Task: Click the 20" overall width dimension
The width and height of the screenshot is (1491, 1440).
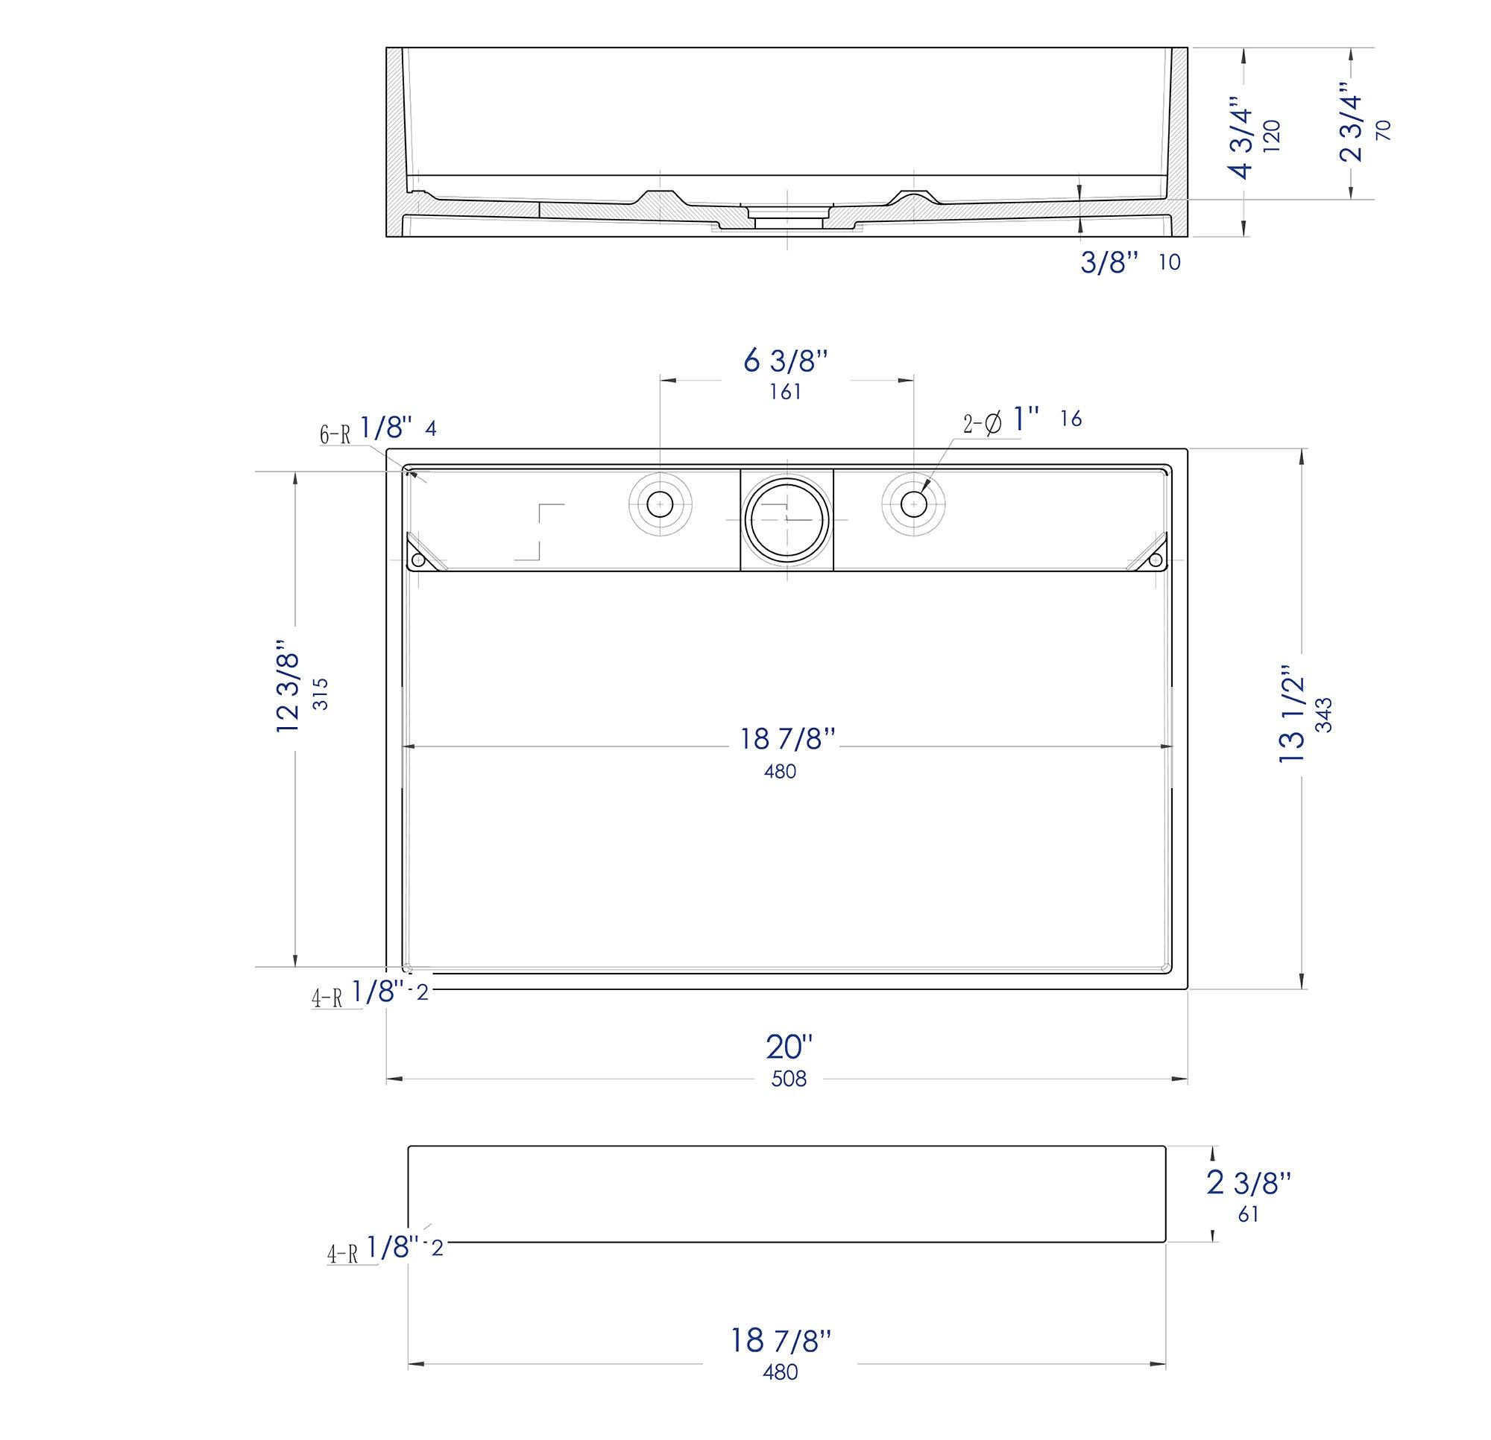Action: [x=789, y=1047]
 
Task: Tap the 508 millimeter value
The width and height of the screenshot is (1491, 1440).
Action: [x=789, y=1078]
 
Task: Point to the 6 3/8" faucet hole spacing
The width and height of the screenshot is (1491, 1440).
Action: [x=785, y=361]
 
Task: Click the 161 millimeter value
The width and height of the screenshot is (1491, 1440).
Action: [x=785, y=392]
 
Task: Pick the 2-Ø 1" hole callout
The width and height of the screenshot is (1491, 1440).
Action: [x=1001, y=420]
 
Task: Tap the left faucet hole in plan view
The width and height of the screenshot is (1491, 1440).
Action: [x=660, y=503]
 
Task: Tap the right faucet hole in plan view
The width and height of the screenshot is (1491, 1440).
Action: [x=912, y=503]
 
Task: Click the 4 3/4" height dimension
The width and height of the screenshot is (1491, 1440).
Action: [x=1243, y=138]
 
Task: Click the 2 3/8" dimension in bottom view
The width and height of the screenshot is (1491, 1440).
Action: [x=1249, y=1182]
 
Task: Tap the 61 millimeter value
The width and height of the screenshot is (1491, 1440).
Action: [x=1247, y=1214]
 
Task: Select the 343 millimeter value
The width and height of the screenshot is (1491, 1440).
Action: [x=1324, y=714]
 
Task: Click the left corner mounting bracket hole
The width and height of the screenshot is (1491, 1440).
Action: [x=417, y=560]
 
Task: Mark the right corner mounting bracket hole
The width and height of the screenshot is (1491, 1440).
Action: [x=1156, y=560]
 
